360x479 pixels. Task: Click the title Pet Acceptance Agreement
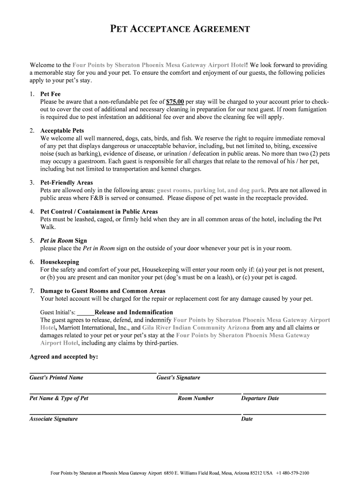coord(180,29)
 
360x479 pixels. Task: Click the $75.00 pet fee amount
coord(175,102)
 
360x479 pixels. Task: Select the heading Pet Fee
coord(50,94)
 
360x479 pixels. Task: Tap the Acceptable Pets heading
coord(62,131)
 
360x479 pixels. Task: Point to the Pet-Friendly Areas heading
coord(66,182)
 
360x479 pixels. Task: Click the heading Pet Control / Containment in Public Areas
coord(99,211)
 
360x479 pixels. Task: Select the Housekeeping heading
coord(60,262)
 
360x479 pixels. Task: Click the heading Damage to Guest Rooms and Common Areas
coord(103,291)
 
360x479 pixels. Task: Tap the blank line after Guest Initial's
coord(86,312)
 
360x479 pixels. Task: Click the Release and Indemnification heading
coord(134,312)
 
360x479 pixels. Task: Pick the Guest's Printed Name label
coord(56,377)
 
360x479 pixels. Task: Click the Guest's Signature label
coord(178,377)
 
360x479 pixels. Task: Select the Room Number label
coord(195,398)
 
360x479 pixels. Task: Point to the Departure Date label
coord(260,398)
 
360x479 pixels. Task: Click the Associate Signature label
coord(53,419)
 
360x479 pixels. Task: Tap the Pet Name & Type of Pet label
coord(59,398)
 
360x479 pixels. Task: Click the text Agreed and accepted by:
coord(64,356)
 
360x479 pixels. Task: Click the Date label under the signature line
coord(246,419)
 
